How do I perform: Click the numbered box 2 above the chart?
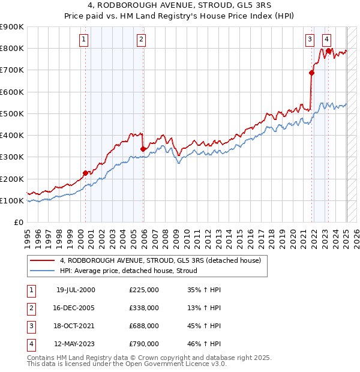140,40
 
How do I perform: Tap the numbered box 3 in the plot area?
310,40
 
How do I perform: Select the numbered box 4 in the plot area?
326,40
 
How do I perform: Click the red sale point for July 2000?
85,173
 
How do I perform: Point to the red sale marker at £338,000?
143,149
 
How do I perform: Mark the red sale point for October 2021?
311,73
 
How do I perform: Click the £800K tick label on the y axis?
12,49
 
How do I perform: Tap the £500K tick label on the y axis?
12,113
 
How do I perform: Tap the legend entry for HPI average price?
133,271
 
